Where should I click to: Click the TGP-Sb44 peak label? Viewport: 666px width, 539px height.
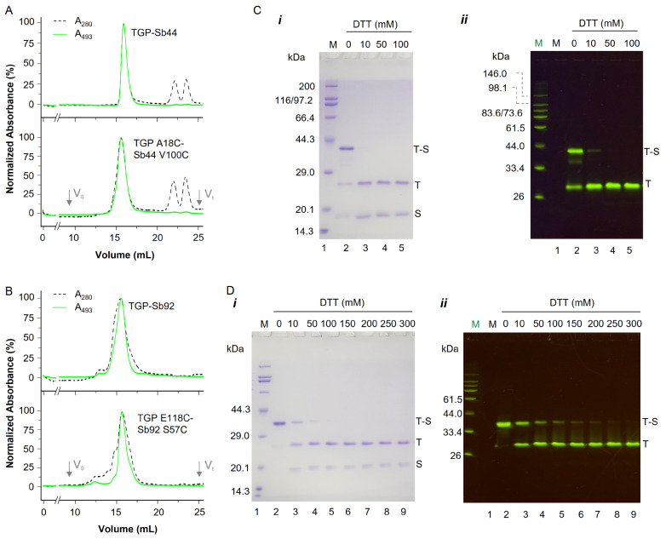(x=154, y=32)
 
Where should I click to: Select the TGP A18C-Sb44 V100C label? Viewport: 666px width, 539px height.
(x=161, y=149)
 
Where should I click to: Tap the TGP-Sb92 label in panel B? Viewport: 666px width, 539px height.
(x=152, y=306)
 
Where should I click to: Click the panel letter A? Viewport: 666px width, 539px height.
(x=9, y=10)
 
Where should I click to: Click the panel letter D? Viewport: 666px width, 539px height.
(x=230, y=290)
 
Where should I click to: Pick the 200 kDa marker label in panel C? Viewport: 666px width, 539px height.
(x=307, y=86)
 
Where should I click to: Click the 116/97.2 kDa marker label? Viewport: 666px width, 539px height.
(x=294, y=100)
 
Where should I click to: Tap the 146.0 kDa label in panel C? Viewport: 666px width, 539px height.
(x=495, y=73)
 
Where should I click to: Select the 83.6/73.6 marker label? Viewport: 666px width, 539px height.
(x=502, y=113)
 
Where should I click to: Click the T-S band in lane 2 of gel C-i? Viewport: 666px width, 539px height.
(x=346, y=149)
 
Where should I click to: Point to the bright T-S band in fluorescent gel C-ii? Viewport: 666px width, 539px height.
(x=576, y=151)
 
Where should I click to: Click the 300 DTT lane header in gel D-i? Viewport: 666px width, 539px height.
(x=407, y=324)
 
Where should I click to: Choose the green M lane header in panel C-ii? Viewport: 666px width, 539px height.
(x=538, y=43)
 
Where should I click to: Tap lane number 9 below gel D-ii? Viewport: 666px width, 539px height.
(x=634, y=514)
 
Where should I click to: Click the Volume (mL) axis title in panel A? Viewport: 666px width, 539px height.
(x=125, y=255)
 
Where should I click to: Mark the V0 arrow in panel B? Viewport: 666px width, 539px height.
(x=69, y=469)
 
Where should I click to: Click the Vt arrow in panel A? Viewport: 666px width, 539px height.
(x=199, y=198)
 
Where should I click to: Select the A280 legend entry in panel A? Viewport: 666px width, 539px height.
(x=72, y=21)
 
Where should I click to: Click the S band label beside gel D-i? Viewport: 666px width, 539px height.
(x=419, y=464)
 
